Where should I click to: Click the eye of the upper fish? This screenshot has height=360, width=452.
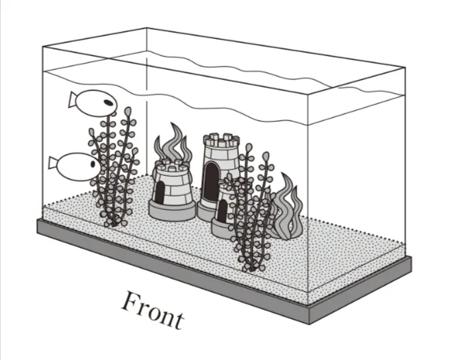[x=108, y=102]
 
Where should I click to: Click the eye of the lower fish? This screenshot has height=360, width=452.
[x=93, y=164]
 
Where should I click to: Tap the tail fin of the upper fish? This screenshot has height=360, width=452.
[x=73, y=100]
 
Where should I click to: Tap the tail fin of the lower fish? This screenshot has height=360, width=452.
[x=53, y=163]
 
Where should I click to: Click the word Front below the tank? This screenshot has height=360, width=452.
[x=153, y=311]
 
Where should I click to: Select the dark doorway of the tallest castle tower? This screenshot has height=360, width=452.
[x=212, y=181]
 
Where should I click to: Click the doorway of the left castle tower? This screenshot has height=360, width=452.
[x=160, y=192]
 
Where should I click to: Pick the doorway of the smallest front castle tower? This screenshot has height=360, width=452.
[x=222, y=211]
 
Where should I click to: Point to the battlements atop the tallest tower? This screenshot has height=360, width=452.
[x=221, y=140]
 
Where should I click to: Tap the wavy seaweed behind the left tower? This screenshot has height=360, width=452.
[x=173, y=143]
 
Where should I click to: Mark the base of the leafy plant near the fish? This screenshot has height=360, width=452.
[x=113, y=222]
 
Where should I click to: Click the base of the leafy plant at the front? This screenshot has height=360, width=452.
[x=251, y=268]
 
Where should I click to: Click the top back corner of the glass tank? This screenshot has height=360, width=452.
[x=147, y=28]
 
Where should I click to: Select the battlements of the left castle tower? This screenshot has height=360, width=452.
[x=173, y=166]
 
